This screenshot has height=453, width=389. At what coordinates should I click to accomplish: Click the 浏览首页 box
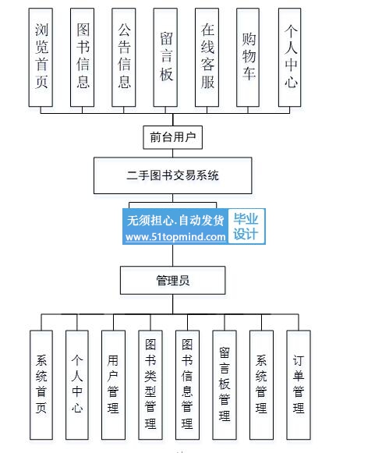pos(41,57)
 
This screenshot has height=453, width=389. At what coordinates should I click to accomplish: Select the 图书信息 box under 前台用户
pos(83,57)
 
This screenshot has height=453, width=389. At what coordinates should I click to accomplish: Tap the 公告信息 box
pos(124,57)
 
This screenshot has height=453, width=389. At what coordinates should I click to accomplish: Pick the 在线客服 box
pos(207,57)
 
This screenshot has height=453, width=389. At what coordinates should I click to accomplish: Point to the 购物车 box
pos(248,57)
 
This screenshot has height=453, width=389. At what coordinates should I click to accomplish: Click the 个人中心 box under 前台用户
pos(290,57)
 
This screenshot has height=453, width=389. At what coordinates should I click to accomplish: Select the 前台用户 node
pos(173,137)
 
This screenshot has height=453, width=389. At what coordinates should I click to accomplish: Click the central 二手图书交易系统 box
pos(173,175)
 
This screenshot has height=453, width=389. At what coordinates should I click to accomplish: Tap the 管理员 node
pos(173,280)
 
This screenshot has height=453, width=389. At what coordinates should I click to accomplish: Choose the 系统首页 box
pos(41,385)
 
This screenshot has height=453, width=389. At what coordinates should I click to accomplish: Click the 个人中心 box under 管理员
pos(77,385)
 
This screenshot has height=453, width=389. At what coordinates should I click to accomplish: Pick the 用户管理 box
pos(113,385)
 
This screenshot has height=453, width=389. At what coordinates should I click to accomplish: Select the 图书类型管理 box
pos(150,385)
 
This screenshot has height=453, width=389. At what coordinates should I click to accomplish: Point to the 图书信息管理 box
pos(187,385)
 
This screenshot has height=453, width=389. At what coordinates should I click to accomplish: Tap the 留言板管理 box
pos(225,385)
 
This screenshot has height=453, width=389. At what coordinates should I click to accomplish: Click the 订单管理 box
pos(299,385)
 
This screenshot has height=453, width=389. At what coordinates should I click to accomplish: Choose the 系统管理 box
pos(261,385)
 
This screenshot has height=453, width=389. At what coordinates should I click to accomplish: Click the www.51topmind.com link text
pos(175,237)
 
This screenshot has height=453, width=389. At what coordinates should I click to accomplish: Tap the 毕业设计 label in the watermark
pos(246,226)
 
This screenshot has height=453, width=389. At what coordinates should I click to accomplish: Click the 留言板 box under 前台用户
pos(165,57)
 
